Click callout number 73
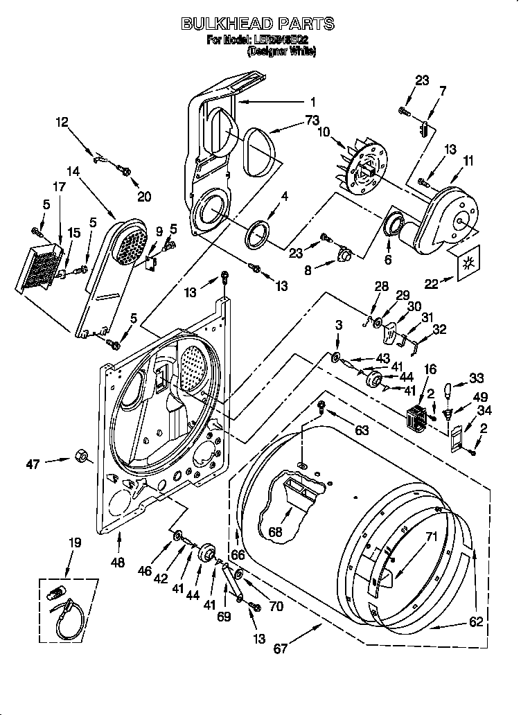click(312, 120)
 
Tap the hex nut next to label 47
click(80, 457)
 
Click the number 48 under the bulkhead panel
click(118, 563)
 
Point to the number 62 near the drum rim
click(476, 622)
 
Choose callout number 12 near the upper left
click(62, 123)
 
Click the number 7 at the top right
click(443, 90)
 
